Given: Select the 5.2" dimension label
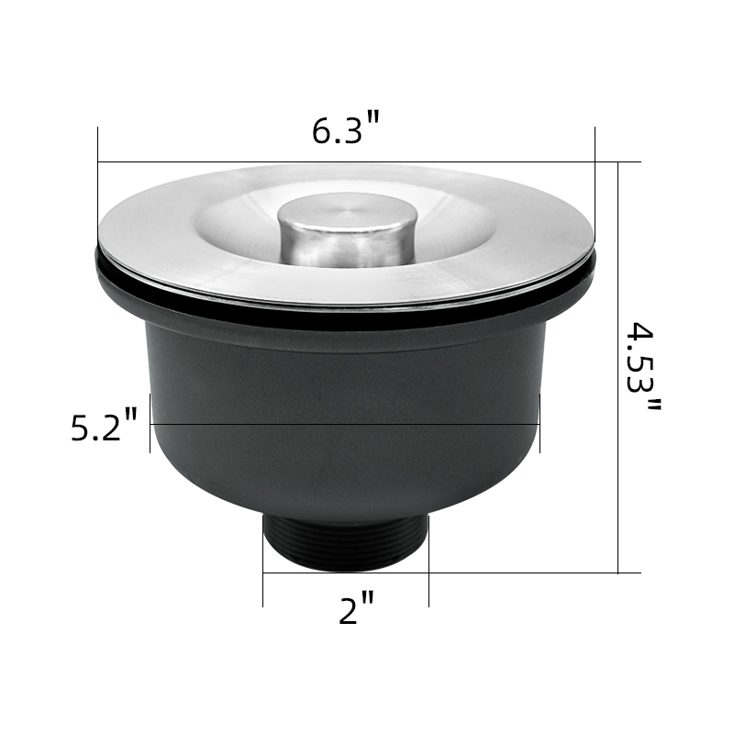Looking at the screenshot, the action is pyautogui.click(x=104, y=424).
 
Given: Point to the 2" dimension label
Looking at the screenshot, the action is pyautogui.click(x=357, y=607).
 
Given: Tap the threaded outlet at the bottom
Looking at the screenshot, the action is pyautogui.click(x=346, y=543).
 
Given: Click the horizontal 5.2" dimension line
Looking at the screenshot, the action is pyautogui.click(x=345, y=424).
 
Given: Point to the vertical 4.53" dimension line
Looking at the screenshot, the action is pyautogui.click(x=617, y=368).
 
